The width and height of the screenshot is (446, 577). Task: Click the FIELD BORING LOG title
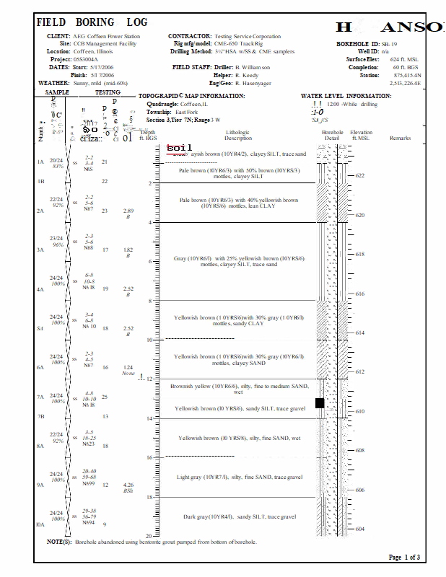[92, 23]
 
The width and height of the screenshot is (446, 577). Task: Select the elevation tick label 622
[360, 175]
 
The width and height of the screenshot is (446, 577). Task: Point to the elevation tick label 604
[360, 529]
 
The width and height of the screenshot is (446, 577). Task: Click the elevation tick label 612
[360, 371]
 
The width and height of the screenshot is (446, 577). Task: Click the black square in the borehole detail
[320, 403]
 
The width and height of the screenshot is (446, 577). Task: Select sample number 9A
[40, 485]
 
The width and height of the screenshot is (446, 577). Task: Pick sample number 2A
[40, 211]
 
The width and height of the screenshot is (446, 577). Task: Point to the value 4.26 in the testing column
[128, 485]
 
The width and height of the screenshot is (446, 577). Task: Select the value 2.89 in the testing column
[128, 210]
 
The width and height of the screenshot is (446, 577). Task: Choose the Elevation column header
[362, 135]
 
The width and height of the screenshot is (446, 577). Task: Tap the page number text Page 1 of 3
[404, 558]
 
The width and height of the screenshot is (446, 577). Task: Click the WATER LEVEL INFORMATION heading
[346, 96]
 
